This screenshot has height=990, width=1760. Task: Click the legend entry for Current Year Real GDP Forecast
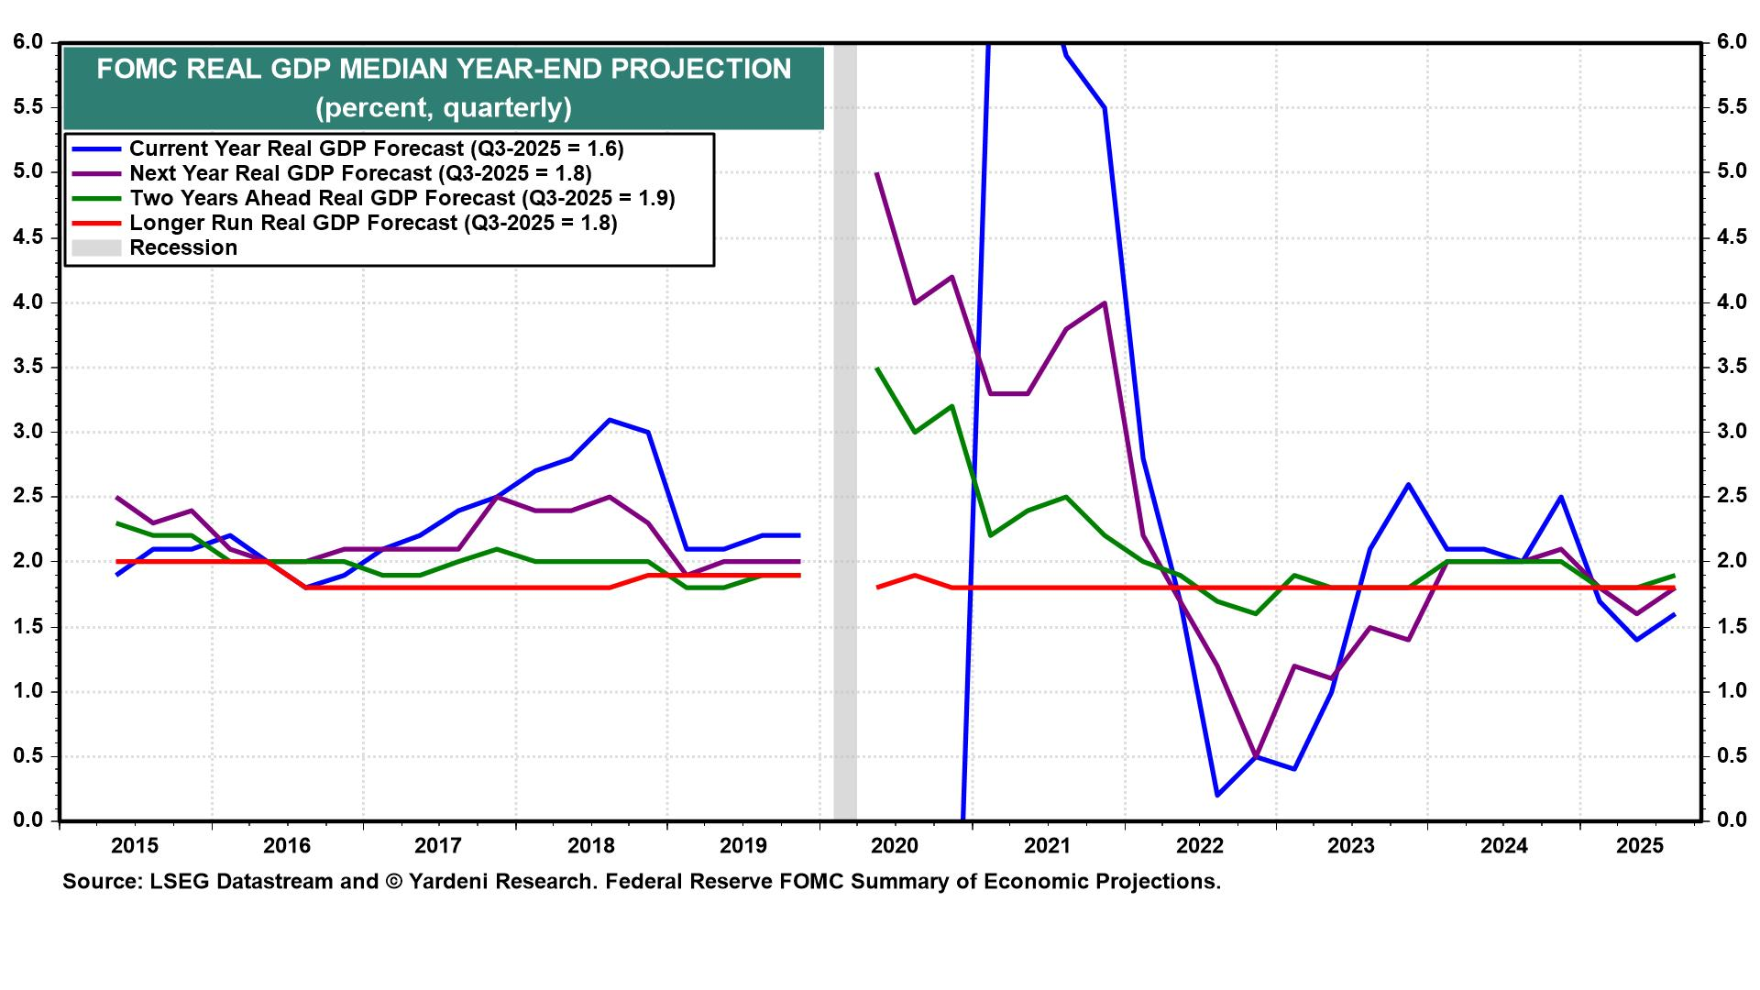376,148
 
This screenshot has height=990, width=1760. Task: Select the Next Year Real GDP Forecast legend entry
360,173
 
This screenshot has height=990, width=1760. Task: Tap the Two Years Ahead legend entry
401,198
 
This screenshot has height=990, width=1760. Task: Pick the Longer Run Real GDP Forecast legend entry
373,223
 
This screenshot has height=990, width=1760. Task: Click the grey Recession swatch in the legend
96,247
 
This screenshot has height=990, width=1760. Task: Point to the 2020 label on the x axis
895,845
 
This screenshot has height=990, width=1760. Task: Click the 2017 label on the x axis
438,845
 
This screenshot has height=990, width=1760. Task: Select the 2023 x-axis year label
1350,845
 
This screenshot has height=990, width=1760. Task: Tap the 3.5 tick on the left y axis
27,368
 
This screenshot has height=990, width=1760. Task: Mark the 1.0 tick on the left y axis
27,691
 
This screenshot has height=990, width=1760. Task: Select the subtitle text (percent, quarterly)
444,108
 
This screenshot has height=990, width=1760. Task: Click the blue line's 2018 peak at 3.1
610,420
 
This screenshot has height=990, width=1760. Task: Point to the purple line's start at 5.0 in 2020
878,172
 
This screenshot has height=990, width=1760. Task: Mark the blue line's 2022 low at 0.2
1217,795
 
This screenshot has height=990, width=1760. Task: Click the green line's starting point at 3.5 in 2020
878,368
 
